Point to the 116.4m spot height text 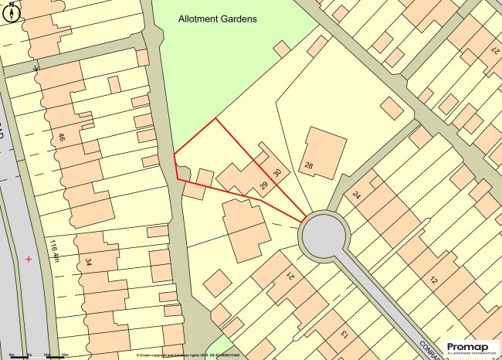(55, 251)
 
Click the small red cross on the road (29, 258)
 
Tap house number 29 (264, 185)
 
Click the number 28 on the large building (309, 166)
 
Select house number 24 (357, 195)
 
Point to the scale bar (35, 354)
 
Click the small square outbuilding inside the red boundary (204, 177)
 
